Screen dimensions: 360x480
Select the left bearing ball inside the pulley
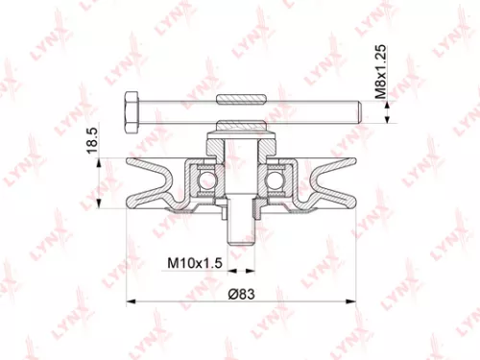coord(204,180)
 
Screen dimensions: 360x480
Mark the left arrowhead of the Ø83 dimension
coord(131,302)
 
